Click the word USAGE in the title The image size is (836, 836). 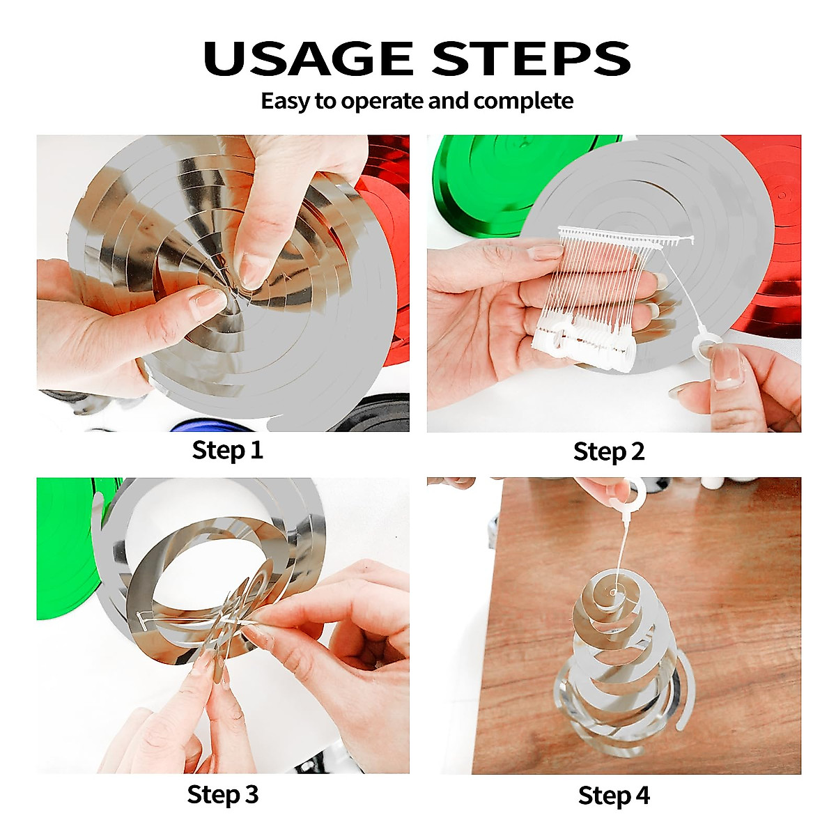pos(308,59)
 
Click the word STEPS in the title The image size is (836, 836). pos(531,59)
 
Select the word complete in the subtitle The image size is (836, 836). pos(523,101)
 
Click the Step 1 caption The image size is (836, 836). pos(228,450)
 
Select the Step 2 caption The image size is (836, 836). pos(609,451)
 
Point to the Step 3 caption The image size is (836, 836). pos(222,795)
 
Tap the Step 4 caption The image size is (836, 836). pos(614,796)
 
